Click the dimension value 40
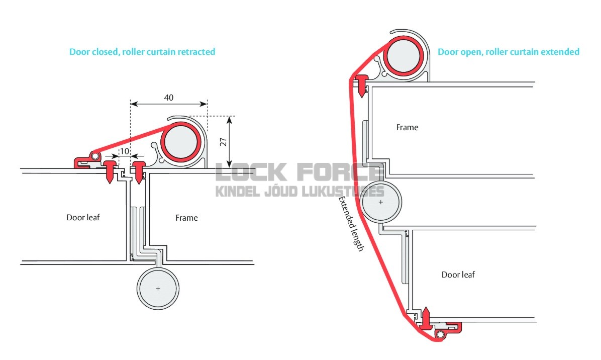tap(169, 98)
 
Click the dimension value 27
tap(224, 141)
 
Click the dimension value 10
tap(125, 151)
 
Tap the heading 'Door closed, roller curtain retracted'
tap(142, 52)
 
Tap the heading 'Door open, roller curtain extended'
tap(508, 52)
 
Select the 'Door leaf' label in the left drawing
tap(83, 217)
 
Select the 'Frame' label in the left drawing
tap(186, 218)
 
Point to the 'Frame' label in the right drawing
tap(407, 127)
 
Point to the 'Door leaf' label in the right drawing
tap(458, 275)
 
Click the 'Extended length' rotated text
tap(351, 224)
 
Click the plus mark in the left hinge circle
tap(158, 288)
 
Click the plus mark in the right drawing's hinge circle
tap(380, 202)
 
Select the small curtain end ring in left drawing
tap(94, 156)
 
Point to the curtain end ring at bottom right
tap(440, 335)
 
